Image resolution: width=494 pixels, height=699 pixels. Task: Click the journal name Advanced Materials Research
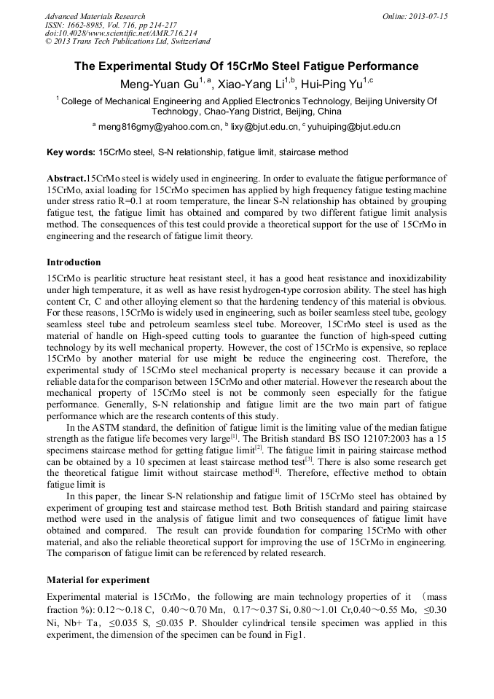(95, 16)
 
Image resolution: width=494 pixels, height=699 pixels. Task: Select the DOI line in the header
(121, 34)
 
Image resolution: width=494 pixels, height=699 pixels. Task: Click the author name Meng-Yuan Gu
(154, 85)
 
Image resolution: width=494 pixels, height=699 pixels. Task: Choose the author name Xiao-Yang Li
(248, 85)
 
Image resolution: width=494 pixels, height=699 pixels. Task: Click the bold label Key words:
(71, 153)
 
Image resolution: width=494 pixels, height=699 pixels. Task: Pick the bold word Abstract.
(66, 179)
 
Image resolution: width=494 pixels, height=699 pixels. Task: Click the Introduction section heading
(74, 262)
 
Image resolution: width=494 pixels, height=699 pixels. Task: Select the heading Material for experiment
(98, 580)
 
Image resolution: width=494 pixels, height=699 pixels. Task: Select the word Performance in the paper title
(376, 66)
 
